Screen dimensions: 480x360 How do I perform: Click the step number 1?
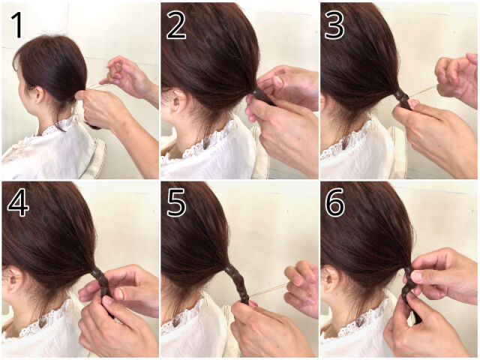pyautogui.click(x=18, y=25)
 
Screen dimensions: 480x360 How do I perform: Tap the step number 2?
pyautogui.click(x=176, y=25)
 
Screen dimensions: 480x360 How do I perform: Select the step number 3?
pyautogui.click(x=334, y=25)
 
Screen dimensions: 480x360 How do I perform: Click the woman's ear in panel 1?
pyautogui.click(x=39, y=94)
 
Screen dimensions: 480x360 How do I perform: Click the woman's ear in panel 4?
pyautogui.click(x=12, y=280)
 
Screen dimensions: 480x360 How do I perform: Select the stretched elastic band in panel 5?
pyautogui.click(x=267, y=290)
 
